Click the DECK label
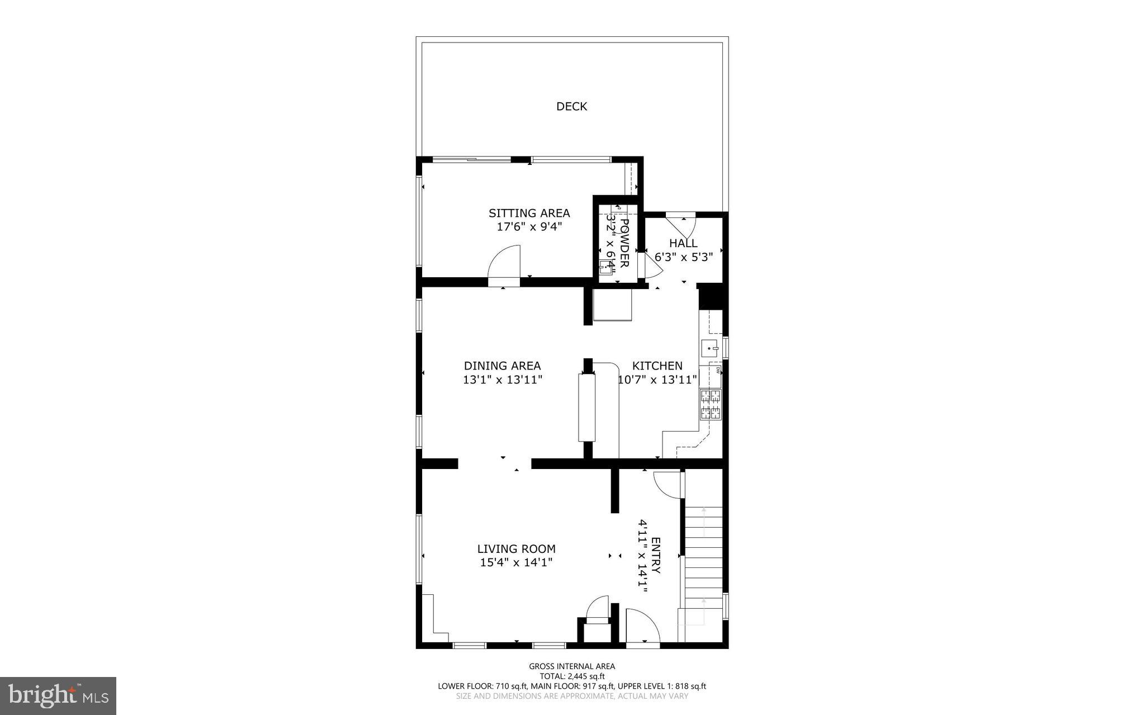tap(571, 106)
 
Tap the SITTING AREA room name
tap(529, 213)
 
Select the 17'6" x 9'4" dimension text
tap(529, 227)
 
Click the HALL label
tap(683, 243)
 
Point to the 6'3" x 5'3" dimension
tap(683, 257)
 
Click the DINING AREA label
tap(502, 366)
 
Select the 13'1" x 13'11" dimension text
tap(502, 380)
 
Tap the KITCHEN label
tap(657, 366)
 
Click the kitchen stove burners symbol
tap(710, 405)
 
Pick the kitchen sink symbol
tap(710, 348)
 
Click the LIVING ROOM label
tap(516, 549)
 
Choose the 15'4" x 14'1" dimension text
tap(516, 563)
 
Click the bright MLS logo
tap(58, 695)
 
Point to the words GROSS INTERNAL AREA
tap(572, 666)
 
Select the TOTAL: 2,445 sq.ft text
tap(572, 676)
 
